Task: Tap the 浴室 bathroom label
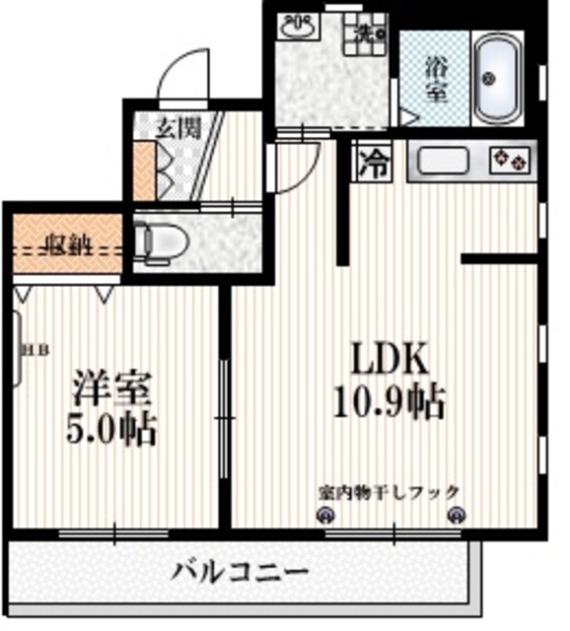tap(435, 81)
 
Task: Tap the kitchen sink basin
tap(443, 159)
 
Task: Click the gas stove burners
tap(511, 158)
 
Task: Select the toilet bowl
tap(158, 240)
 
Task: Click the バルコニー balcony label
tap(241, 571)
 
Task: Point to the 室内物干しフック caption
tap(389, 490)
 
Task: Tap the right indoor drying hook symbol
tap(456, 513)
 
